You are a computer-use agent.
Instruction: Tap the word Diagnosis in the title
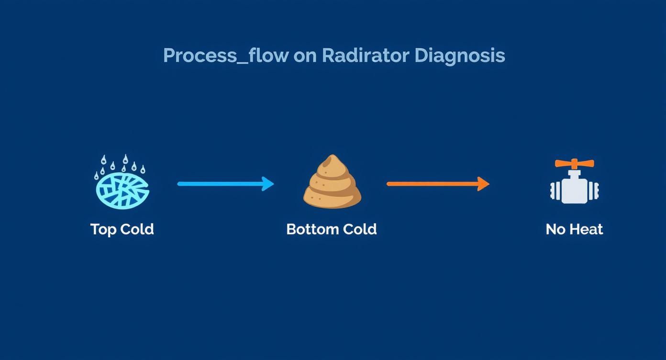459,56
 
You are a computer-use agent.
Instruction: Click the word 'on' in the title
305,56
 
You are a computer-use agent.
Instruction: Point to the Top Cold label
122,229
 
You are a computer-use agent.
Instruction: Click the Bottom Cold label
331,229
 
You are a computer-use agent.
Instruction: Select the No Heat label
574,229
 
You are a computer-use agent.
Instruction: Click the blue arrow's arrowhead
268,184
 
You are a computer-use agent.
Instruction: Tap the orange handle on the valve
574,164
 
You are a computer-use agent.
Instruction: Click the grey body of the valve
574,190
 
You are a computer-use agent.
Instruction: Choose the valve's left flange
554,191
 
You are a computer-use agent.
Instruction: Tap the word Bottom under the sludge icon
310,229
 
